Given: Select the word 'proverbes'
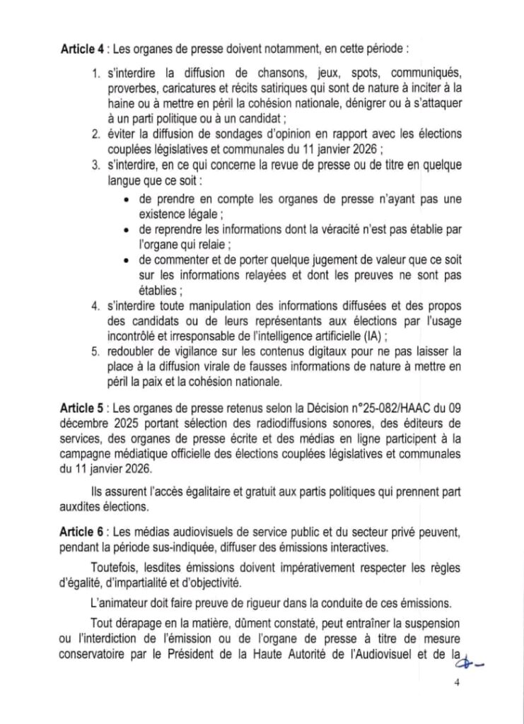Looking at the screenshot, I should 132,87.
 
